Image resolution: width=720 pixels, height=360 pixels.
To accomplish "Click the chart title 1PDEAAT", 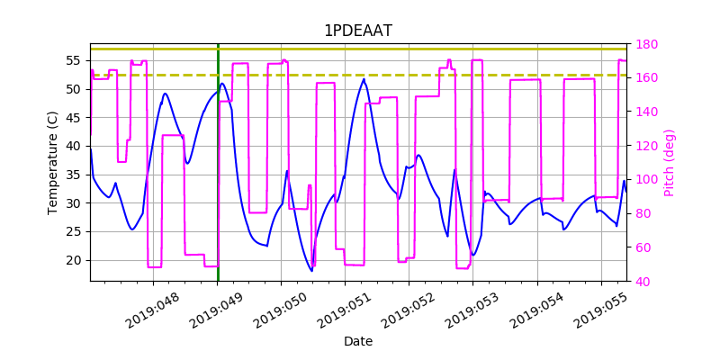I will pyautogui.click(x=358, y=31).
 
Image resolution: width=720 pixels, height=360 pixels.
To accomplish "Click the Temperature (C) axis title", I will pyautogui.click(x=53, y=162).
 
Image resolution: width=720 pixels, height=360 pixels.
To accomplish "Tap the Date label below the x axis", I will pyautogui.click(x=358, y=342).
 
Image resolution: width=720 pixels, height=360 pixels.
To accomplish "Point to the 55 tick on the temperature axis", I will pyautogui.click(x=73, y=60).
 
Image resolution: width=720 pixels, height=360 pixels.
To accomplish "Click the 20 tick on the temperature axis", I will pyautogui.click(x=73, y=260).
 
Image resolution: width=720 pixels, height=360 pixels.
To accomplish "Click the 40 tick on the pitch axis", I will pyautogui.click(x=643, y=282).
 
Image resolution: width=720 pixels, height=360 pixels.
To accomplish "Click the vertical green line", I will pyautogui.click(x=218, y=180).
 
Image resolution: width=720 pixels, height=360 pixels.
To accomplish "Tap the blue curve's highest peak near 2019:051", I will pyautogui.click(x=364, y=79).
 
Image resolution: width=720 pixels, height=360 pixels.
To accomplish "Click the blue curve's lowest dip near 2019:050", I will pyautogui.click(x=311, y=271).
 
